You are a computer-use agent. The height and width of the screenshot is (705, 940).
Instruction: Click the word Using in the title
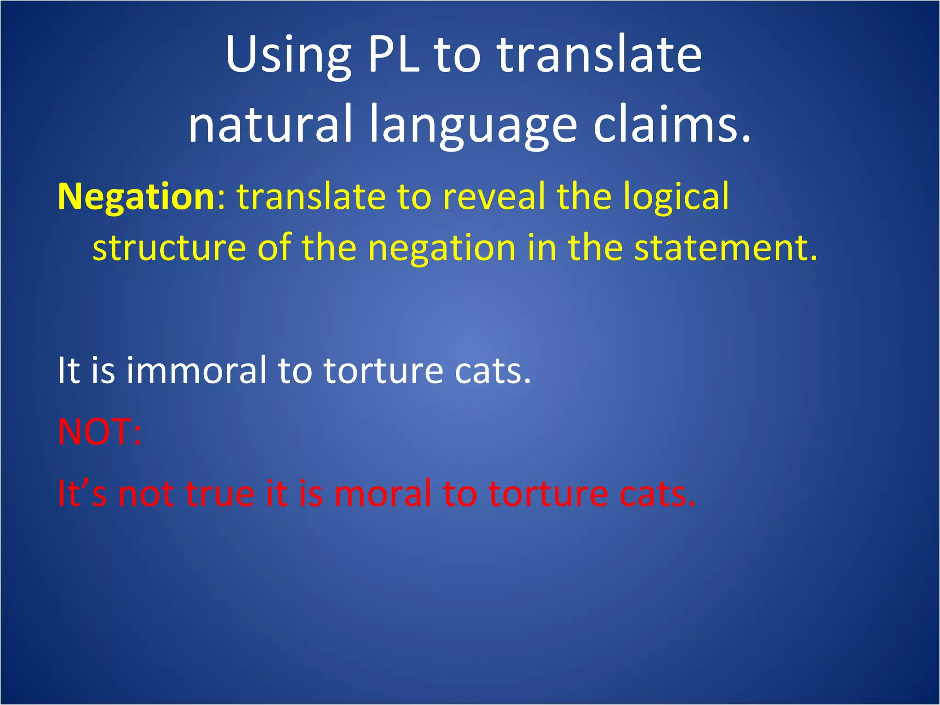288,56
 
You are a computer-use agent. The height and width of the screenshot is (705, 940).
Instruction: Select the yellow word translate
311,196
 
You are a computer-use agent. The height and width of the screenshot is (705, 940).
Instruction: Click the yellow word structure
169,248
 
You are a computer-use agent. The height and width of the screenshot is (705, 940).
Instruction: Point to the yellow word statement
725,248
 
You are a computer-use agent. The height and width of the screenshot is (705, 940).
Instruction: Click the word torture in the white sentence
383,371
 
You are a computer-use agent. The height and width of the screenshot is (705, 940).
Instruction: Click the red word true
220,494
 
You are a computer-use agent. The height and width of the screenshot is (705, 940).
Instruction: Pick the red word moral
383,494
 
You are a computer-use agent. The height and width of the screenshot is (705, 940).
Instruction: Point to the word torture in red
548,494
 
